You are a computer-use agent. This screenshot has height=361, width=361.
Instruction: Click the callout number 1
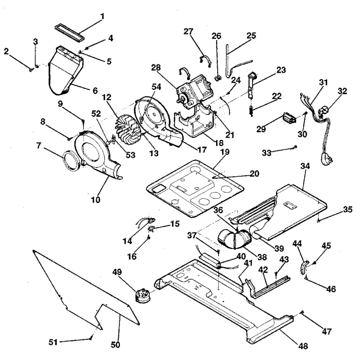pyautogui.click(x=102, y=16)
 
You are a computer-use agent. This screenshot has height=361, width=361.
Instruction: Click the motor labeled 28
pyautogui.click(x=193, y=91)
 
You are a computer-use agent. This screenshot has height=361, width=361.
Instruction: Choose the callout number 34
pyautogui.click(x=305, y=166)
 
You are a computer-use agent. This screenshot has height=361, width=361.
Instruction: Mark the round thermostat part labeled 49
pyautogui.click(x=143, y=295)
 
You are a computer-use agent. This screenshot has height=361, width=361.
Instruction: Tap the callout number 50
pyautogui.click(x=116, y=345)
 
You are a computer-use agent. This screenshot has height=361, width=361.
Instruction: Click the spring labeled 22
pyautogui.click(x=252, y=111)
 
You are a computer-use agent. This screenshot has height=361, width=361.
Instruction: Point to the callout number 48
pyautogui.click(x=303, y=346)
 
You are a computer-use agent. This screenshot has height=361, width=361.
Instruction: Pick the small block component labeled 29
pyautogui.click(x=290, y=118)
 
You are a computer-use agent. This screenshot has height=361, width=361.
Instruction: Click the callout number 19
pyautogui.click(x=225, y=152)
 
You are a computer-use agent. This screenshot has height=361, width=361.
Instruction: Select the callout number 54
pyautogui.click(x=156, y=87)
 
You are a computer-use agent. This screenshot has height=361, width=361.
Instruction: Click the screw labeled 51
pyautogui.click(x=91, y=338)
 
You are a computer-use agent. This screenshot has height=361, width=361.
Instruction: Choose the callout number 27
pyautogui.click(x=188, y=31)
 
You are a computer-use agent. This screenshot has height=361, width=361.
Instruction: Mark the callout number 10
pyautogui.click(x=96, y=199)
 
